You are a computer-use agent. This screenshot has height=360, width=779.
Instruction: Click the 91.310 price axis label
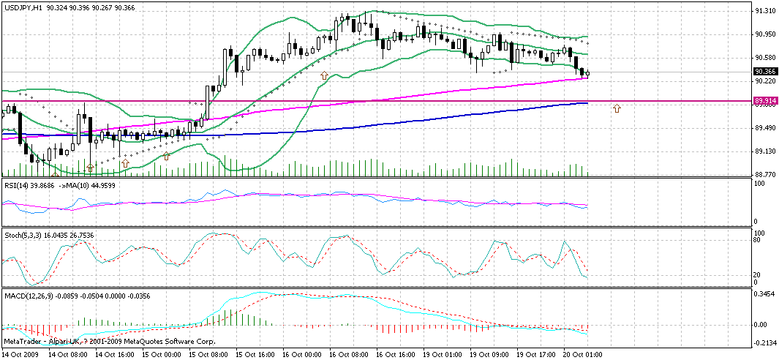[x=765, y=11]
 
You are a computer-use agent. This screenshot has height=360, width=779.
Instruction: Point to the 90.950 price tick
[x=765, y=34]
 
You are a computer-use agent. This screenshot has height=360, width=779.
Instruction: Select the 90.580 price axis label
[x=765, y=58]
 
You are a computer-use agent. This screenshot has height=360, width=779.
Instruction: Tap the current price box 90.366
[x=765, y=71]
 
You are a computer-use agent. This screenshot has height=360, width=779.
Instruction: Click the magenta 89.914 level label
[x=765, y=100]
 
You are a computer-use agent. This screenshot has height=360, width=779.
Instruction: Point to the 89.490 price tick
[x=765, y=128]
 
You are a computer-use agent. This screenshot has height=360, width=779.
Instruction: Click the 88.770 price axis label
[x=765, y=175]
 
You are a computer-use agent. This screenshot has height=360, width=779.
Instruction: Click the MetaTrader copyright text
[x=96, y=341]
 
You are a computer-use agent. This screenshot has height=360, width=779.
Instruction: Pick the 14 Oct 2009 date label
[x=20, y=354]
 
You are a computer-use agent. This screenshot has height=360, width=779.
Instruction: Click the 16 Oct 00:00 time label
[x=302, y=354]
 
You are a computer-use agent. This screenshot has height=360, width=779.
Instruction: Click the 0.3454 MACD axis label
[x=766, y=293]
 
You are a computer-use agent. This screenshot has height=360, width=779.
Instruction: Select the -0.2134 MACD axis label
[x=766, y=342]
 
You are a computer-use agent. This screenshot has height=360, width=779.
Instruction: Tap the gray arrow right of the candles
[x=617, y=108]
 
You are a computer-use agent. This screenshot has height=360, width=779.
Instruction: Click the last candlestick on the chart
[x=587, y=72]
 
